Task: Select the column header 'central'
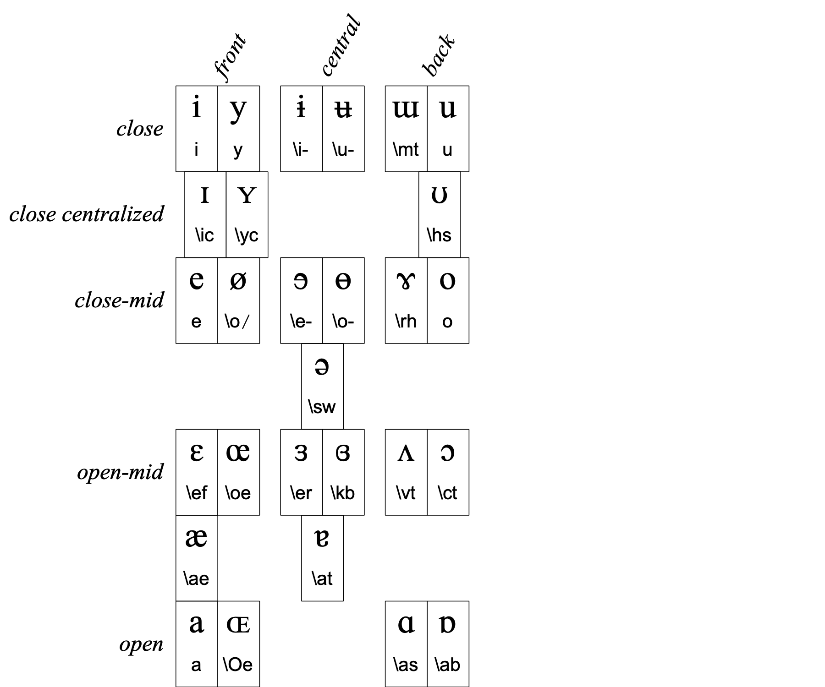point(341,46)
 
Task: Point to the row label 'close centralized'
point(87,214)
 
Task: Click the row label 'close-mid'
point(119,300)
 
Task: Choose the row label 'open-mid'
point(120,472)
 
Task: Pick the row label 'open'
point(141,644)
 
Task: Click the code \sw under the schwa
point(322,407)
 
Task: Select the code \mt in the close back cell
point(406,149)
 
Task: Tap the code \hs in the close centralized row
point(439,235)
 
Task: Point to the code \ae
point(196,578)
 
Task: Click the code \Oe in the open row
point(238,665)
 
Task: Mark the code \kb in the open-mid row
point(343,493)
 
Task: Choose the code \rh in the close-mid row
point(406,321)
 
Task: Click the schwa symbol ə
point(322,367)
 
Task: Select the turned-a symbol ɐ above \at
point(322,538)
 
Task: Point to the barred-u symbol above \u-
point(343,109)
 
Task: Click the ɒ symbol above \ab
point(447,624)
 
